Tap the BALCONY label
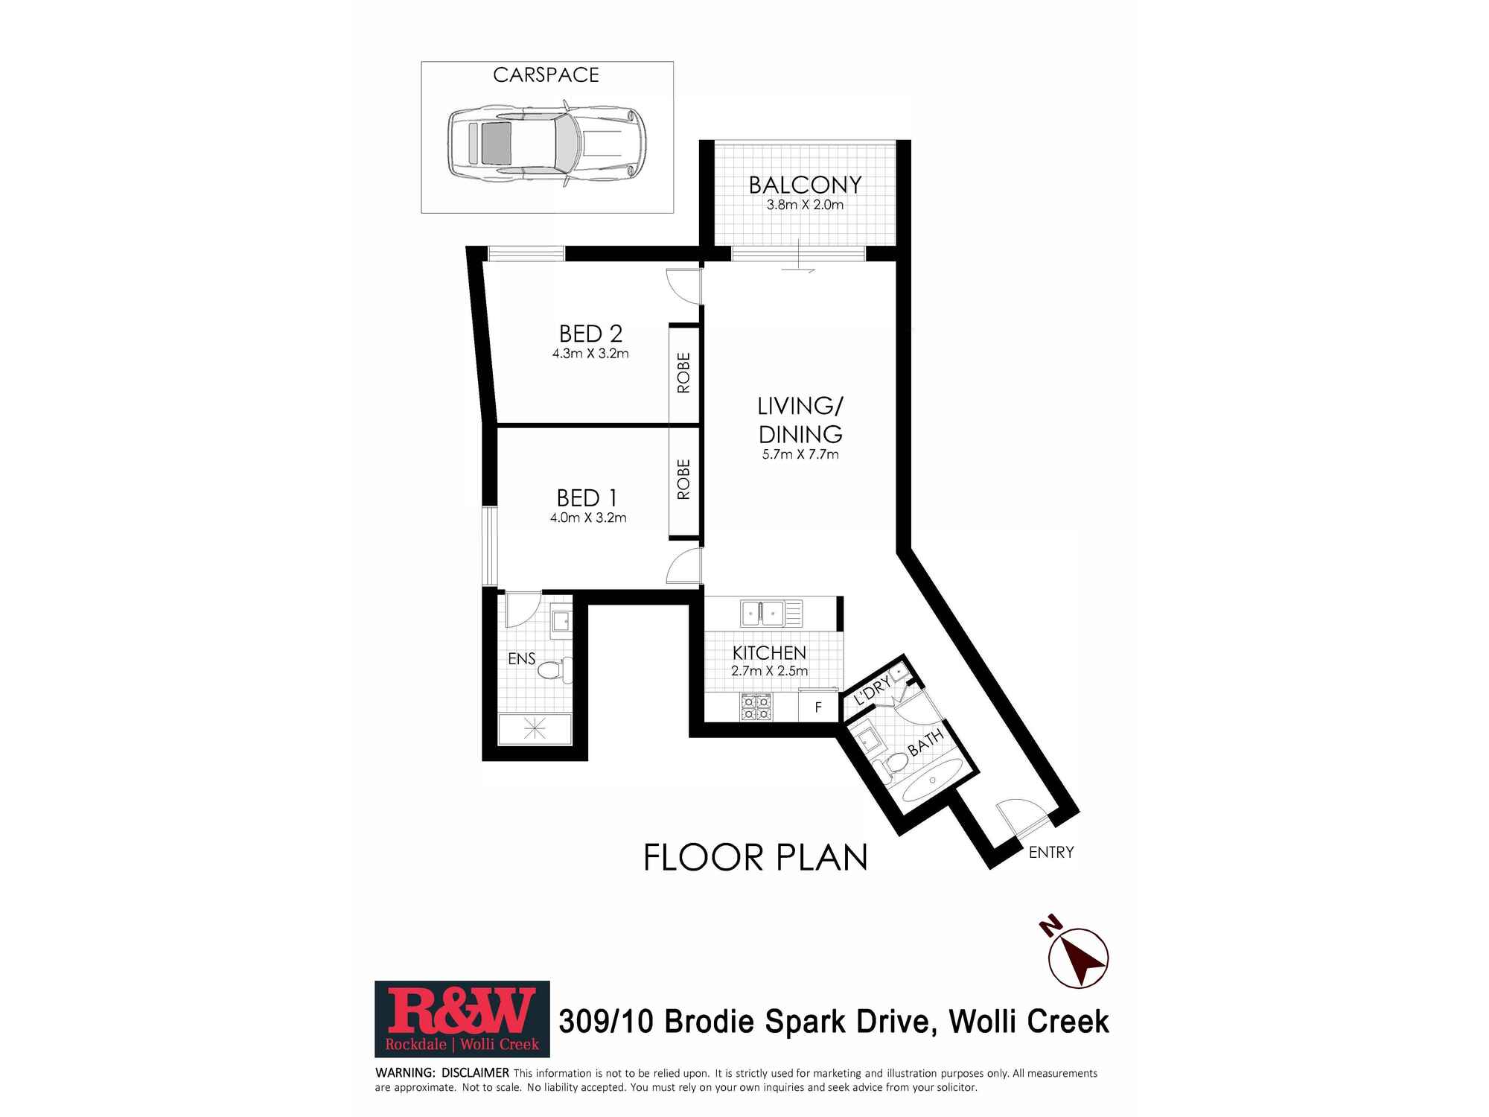coord(805,185)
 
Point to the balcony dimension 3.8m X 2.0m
coord(805,205)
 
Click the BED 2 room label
coord(590,333)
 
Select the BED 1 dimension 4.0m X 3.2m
coord(588,518)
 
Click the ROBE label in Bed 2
coord(683,372)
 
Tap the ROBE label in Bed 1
coord(683,479)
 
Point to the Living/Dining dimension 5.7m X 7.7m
coord(800,454)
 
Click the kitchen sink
coord(771,614)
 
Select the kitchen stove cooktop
coord(756,707)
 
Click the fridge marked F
coord(817,707)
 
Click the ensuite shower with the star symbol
coord(535,728)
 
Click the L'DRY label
coord(873,691)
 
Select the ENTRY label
coord(1051,852)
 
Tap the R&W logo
coord(462,1019)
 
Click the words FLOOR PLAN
coord(756,857)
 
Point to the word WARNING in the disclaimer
coord(405,1073)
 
